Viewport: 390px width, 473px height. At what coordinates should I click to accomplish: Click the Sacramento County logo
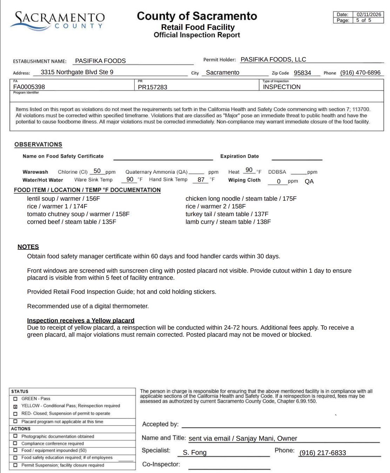pyautogui.click(x=58, y=20)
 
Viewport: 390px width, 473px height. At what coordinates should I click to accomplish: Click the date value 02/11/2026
pyautogui.click(x=369, y=14)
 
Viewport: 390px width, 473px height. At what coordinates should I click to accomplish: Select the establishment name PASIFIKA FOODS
pyautogui.click(x=100, y=61)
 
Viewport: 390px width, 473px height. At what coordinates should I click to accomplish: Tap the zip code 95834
pyautogui.click(x=302, y=73)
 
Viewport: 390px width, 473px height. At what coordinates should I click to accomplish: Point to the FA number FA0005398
pyautogui.click(x=29, y=87)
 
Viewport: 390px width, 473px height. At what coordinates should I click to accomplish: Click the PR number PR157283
pyautogui.click(x=153, y=87)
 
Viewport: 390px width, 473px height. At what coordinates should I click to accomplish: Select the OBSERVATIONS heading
pyautogui.click(x=38, y=144)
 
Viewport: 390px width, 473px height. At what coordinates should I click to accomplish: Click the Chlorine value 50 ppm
pyautogui.click(x=97, y=171)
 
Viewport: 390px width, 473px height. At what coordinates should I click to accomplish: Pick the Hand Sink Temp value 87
pyautogui.click(x=201, y=180)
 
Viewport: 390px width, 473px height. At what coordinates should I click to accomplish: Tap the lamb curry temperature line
pyautogui.click(x=228, y=222)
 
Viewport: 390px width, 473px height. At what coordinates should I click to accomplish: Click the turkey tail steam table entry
pyautogui.click(x=227, y=214)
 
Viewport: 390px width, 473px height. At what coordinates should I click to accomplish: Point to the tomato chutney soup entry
pyautogui.click(x=78, y=214)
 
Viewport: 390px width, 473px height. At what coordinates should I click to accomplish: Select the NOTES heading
pyautogui.click(x=28, y=247)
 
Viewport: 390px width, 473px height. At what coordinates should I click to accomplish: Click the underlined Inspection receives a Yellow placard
pyautogui.click(x=81, y=320)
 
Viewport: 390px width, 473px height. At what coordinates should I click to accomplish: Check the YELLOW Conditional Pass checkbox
pyautogui.click(x=15, y=406)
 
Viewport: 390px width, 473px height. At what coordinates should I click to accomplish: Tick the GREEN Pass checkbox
pyautogui.click(x=15, y=399)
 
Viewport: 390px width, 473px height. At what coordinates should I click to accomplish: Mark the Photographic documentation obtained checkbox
pyautogui.click(x=15, y=436)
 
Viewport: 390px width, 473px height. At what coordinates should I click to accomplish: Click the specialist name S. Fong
pyautogui.click(x=195, y=453)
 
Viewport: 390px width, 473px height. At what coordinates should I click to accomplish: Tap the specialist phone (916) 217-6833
pyautogui.click(x=323, y=453)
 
